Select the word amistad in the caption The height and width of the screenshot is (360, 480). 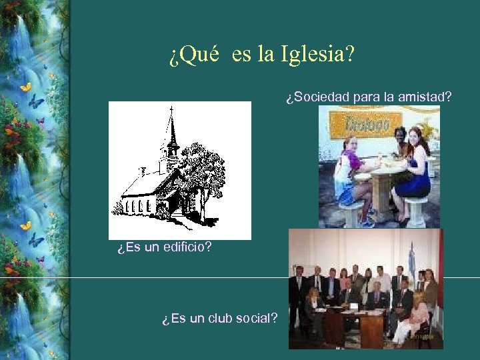click(x=424, y=97)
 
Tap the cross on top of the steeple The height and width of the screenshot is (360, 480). click(x=171, y=109)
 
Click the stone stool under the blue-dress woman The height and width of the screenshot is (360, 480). click(x=415, y=212)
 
